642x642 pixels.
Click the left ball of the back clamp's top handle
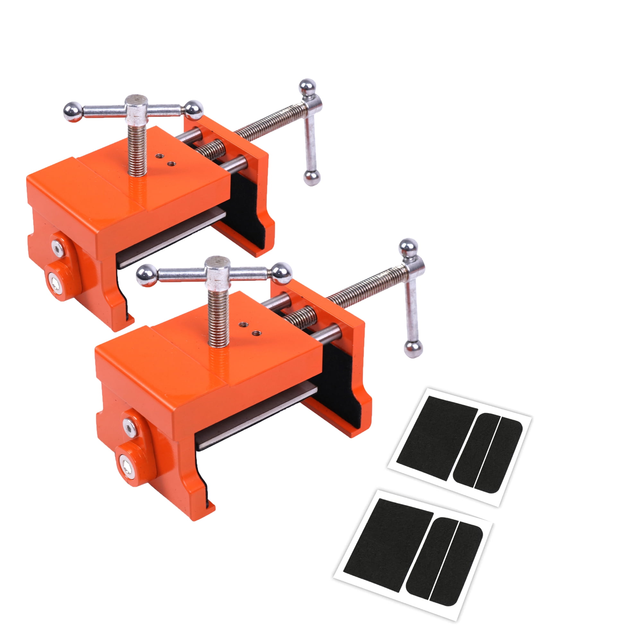point(73,112)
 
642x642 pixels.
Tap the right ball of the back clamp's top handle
point(193,110)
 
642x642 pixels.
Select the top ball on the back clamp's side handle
point(308,87)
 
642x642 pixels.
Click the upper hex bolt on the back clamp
point(58,248)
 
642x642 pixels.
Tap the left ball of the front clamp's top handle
point(146,275)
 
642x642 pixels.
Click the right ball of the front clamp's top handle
point(282,273)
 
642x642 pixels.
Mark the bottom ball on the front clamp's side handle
point(413,349)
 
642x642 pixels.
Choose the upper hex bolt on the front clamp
point(129,427)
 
